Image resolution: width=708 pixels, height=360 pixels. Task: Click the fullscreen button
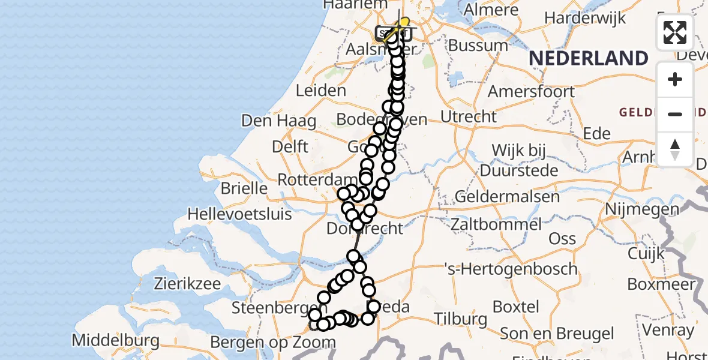click(675, 32)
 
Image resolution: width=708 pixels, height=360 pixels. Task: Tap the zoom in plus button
click(675, 80)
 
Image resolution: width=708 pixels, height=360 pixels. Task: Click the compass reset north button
click(675, 149)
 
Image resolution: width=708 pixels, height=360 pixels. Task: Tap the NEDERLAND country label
click(589, 59)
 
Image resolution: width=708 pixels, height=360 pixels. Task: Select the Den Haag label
click(278, 121)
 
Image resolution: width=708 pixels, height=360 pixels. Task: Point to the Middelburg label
click(116, 341)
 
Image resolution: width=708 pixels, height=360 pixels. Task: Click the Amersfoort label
click(532, 92)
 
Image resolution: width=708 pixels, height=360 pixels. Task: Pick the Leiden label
click(321, 91)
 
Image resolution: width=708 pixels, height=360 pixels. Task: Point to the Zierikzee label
click(187, 283)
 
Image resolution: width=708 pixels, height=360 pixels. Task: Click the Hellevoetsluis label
click(239, 214)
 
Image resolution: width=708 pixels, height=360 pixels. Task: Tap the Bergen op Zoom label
click(273, 343)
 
